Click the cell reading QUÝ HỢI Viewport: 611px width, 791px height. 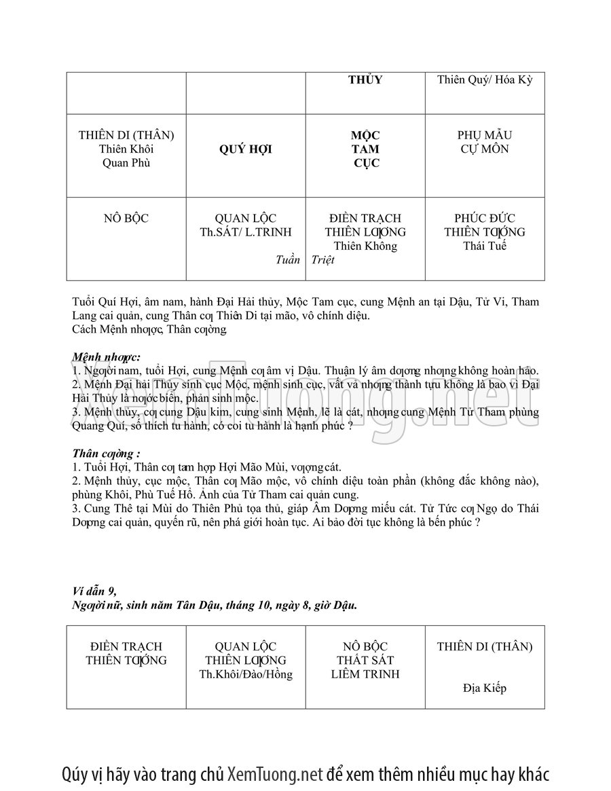click(245, 149)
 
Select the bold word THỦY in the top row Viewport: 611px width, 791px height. click(365, 80)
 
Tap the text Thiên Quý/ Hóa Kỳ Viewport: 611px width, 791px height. click(485, 80)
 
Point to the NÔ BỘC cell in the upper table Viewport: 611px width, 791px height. click(126, 219)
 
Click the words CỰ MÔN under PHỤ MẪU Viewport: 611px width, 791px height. click(485, 149)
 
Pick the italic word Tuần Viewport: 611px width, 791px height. click(288, 260)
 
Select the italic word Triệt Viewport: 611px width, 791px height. click(323, 260)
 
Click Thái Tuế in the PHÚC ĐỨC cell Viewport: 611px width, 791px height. click(485, 246)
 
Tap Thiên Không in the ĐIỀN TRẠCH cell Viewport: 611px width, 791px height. click(365, 246)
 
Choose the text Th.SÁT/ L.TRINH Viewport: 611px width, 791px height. click(245, 232)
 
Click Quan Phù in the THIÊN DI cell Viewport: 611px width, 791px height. click(126, 163)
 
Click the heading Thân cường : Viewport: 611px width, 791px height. click(106, 453)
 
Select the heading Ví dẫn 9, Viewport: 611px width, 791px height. click(98, 591)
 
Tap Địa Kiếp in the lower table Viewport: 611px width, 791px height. click(485, 688)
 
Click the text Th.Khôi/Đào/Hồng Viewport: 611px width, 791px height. click(245, 674)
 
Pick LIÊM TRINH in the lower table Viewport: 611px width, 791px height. click(365, 674)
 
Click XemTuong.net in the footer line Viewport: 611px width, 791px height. click(275, 774)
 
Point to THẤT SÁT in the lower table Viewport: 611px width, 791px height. click(365, 660)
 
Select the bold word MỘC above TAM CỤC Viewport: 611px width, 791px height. click(365, 135)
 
